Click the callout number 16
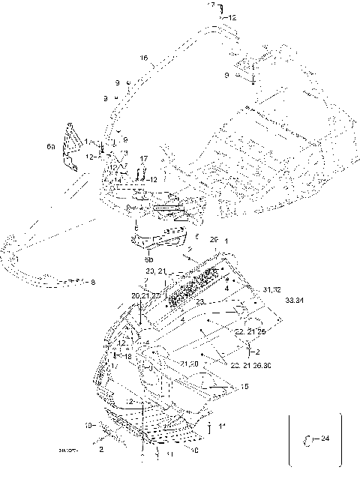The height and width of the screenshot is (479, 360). point(144,58)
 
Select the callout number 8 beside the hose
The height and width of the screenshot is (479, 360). point(93,283)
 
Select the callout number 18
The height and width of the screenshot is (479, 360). point(128,358)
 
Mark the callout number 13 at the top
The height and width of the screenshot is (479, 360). point(211,5)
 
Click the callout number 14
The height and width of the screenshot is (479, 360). point(117,180)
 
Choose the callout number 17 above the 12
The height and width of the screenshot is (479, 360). point(144,158)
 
